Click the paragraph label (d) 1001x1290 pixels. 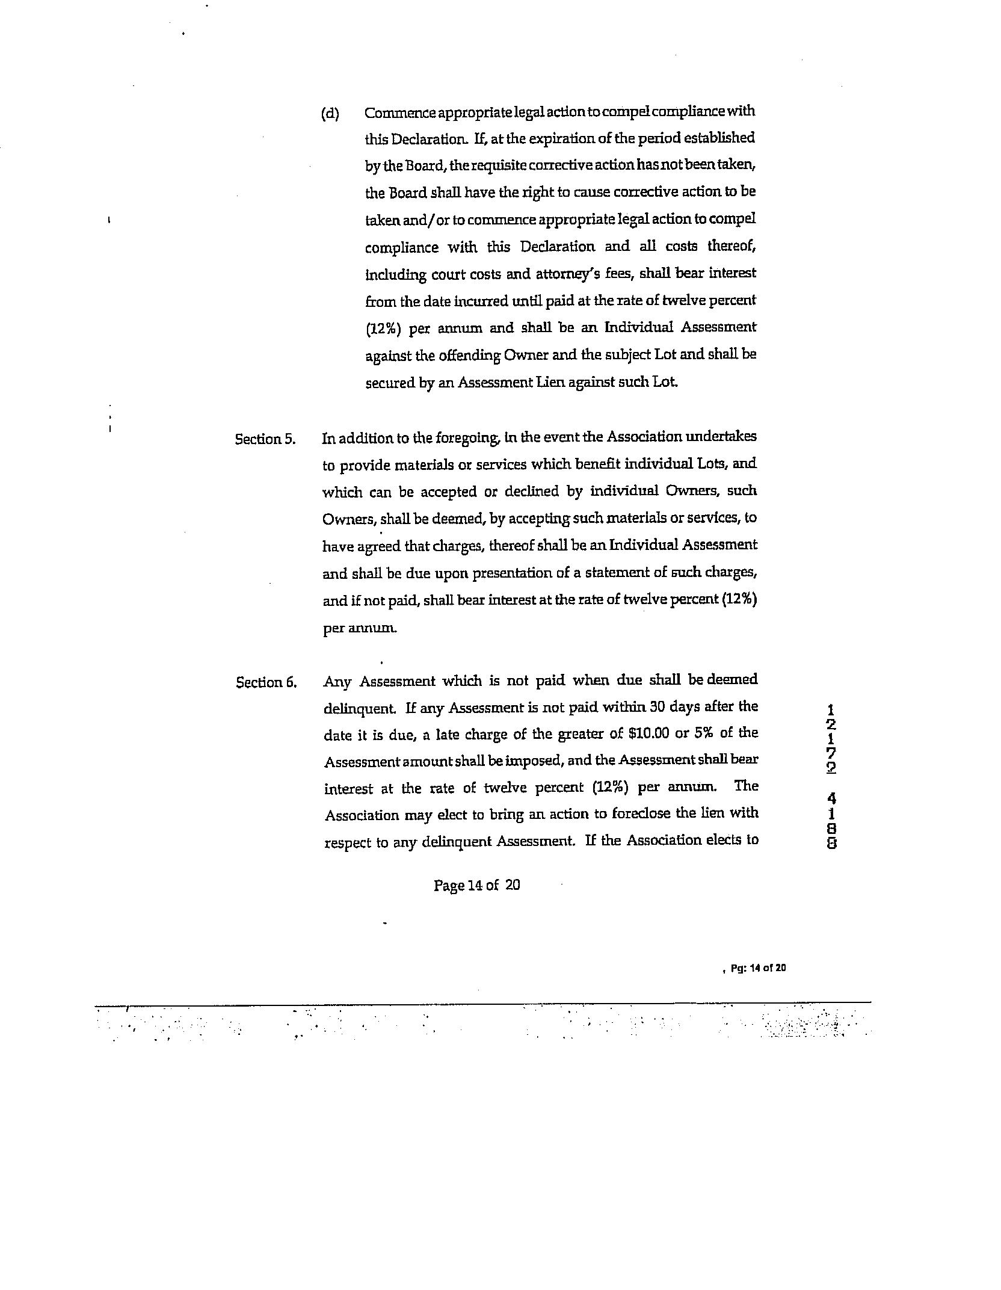330,113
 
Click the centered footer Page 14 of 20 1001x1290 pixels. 476,884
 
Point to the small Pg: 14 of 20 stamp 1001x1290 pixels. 758,968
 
